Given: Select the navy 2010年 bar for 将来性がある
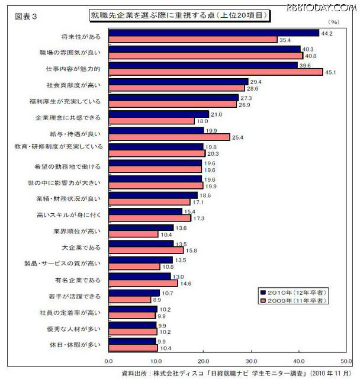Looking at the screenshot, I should tap(214, 33).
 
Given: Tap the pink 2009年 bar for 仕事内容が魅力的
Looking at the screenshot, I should tap(216, 72).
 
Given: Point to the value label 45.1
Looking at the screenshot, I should tap(331, 72).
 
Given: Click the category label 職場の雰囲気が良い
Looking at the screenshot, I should tap(78, 52).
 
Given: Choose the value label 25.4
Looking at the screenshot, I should tap(237, 137).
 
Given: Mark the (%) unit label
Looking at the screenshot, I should tap(334, 23).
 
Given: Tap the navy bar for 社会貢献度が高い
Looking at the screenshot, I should tap(178, 81).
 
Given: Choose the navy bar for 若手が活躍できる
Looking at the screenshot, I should tap(134, 293).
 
